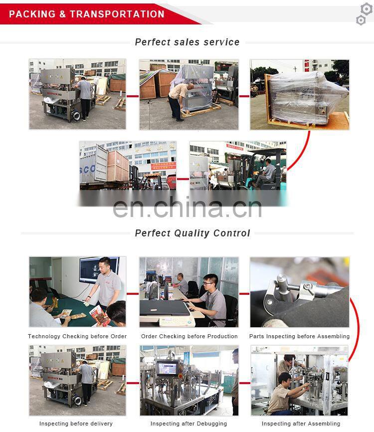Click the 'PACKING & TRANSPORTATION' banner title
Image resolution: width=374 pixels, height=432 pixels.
click(x=87, y=14)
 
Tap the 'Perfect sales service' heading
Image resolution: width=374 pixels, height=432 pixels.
click(x=187, y=42)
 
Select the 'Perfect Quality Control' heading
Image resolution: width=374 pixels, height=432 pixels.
click(x=192, y=233)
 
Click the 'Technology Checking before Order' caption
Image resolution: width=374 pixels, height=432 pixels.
click(x=77, y=337)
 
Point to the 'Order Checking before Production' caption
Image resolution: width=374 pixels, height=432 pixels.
click(x=189, y=337)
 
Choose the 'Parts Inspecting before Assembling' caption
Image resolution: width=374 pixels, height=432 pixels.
click(x=300, y=337)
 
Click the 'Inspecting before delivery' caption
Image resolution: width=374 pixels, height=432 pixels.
click(x=76, y=424)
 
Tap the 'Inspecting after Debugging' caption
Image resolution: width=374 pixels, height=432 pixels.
click(x=188, y=424)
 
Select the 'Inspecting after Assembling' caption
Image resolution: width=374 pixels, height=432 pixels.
click(x=301, y=424)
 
